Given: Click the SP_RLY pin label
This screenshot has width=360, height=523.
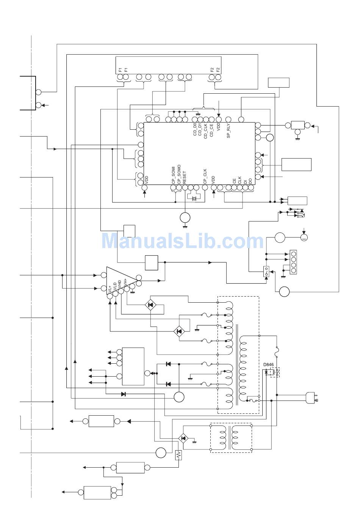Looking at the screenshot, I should [x=229, y=131].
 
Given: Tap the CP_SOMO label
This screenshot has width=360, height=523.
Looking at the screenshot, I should [x=179, y=174].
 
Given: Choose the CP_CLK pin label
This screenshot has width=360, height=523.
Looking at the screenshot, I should [x=205, y=176].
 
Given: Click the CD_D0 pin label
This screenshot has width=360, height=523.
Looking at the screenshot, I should [x=195, y=129].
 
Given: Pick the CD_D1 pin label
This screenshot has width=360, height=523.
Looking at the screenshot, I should [x=200, y=129].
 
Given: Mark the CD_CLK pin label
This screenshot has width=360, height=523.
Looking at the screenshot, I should [x=206, y=130].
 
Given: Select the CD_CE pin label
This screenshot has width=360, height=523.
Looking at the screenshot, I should [x=211, y=130].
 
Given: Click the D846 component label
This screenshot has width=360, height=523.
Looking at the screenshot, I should [x=268, y=365].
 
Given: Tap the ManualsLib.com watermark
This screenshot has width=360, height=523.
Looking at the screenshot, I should [x=182, y=241].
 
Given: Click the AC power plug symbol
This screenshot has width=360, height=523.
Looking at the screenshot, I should [x=312, y=398].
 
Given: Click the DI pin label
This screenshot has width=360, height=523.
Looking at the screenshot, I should [x=245, y=181].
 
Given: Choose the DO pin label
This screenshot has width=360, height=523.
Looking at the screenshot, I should [x=250, y=181].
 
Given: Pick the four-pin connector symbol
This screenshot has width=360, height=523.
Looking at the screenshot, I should [x=293, y=262].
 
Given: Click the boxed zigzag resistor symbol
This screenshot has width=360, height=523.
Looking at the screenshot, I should [x=178, y=455].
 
